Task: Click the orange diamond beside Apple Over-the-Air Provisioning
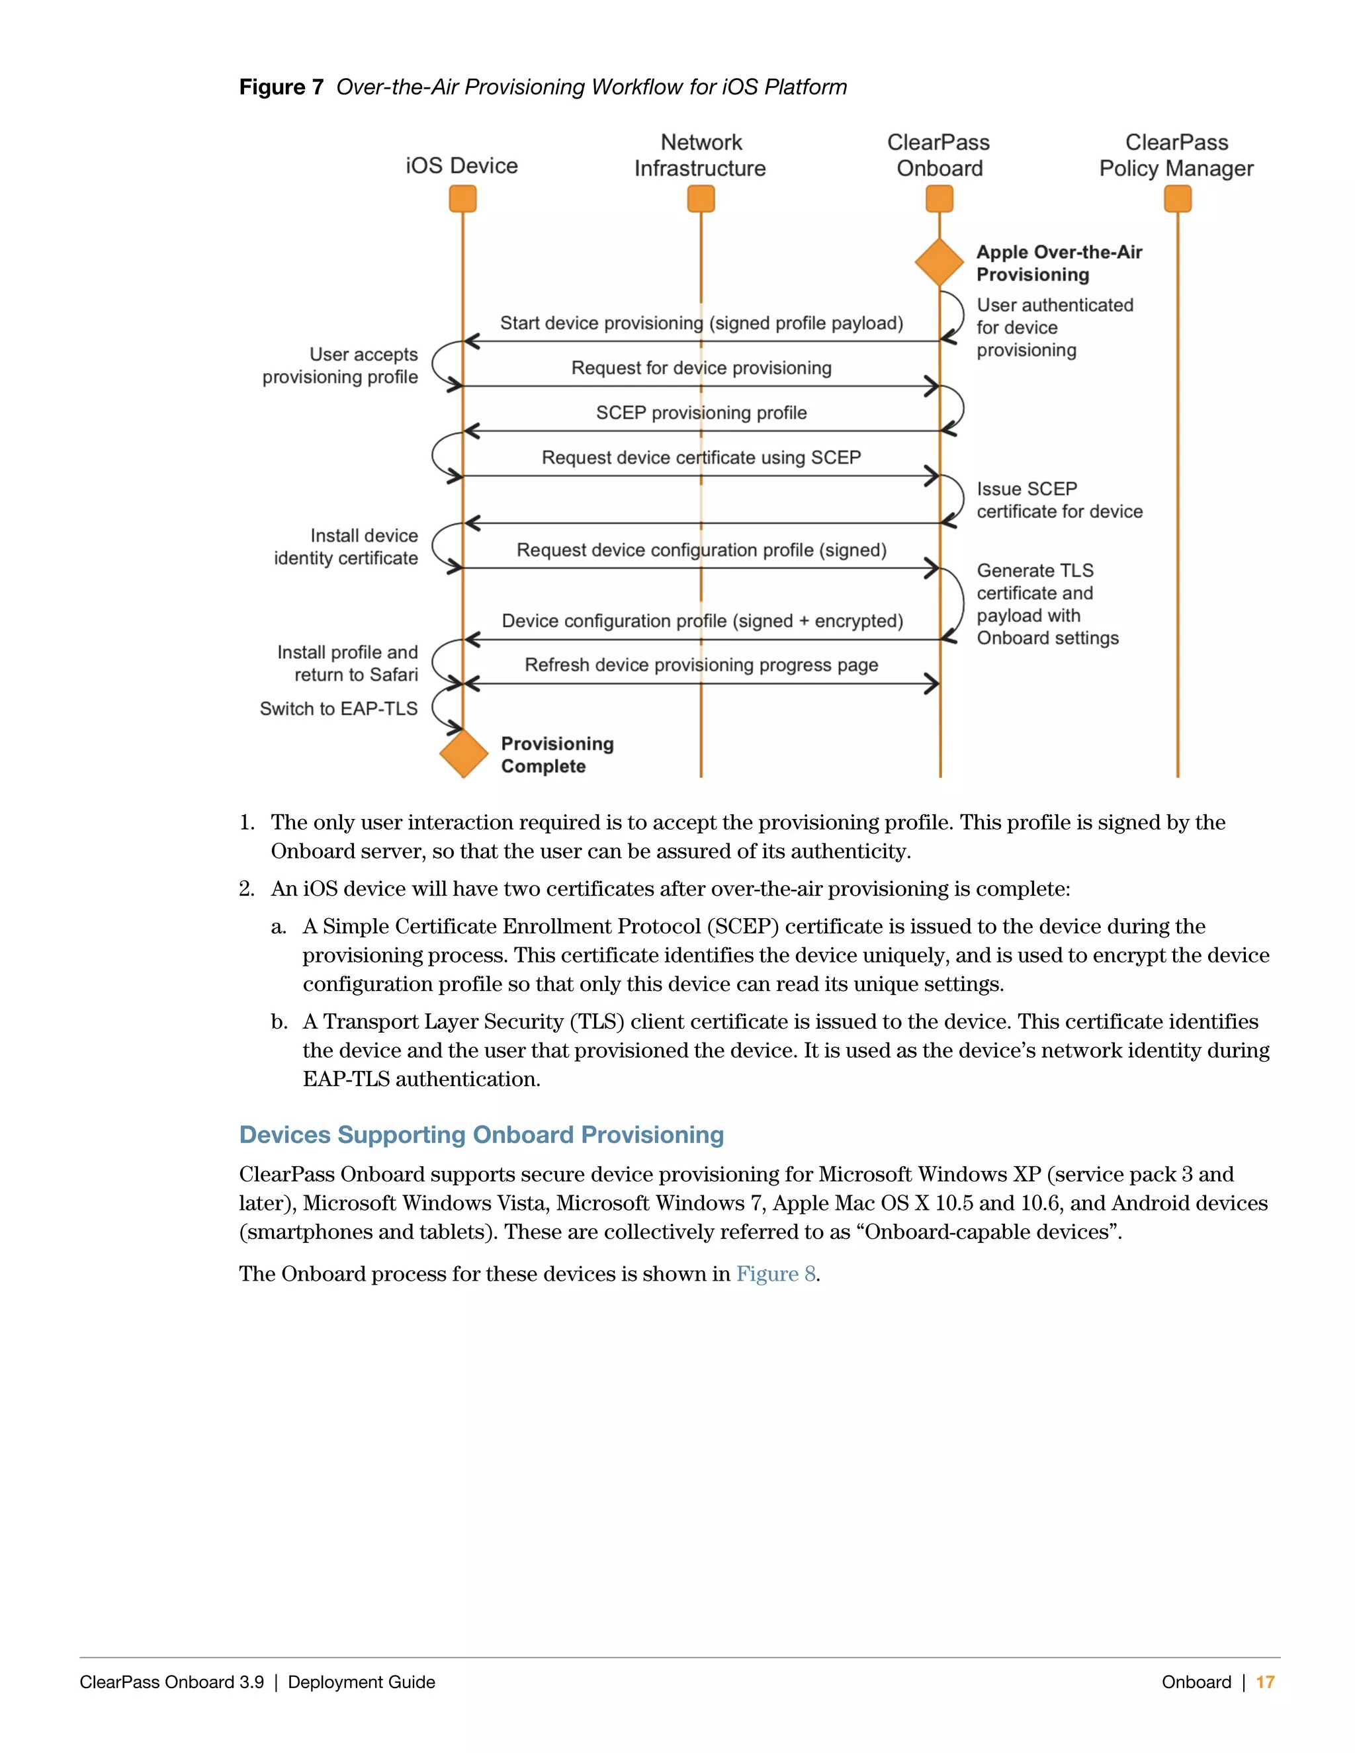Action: (940, 262)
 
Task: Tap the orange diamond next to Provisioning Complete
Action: (463, 753)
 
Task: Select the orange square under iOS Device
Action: (462, 198)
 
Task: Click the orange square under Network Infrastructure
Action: (701, 198)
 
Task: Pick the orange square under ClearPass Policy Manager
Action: (1178, 198)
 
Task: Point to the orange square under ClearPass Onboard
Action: (940, 198)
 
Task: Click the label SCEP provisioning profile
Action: (701, 413)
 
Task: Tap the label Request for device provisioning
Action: (701, 368)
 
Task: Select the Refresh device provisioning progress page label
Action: (701, 665)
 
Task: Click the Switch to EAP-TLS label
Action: (339, 708)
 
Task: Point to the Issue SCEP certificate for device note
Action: (1059, 500)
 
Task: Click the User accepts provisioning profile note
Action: (340, 366)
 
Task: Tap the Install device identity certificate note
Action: (346, 546)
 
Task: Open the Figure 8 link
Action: (775, 1274)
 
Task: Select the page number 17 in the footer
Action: (1265, 1682)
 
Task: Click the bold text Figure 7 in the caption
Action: (281, 87)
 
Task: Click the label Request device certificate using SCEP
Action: (701, 458)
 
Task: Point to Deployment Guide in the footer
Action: (361, 1682)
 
